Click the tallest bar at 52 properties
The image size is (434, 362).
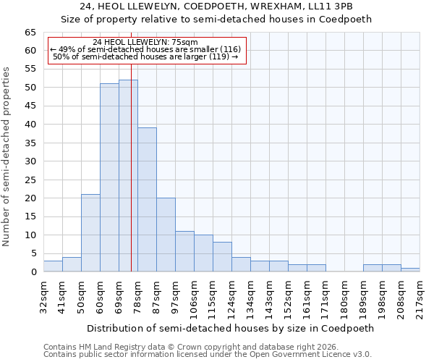[128, 176]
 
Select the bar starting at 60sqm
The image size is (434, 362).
[109, 177]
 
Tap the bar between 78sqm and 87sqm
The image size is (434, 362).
[147, 200]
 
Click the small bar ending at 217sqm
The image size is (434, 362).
[410, 270]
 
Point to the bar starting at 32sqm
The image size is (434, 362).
[53, 266]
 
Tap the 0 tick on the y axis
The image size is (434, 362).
[33, 272]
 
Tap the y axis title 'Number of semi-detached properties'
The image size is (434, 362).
[7, 156]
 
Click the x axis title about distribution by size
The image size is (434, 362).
[231, 328]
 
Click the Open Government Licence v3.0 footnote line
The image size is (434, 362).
[207, 355]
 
